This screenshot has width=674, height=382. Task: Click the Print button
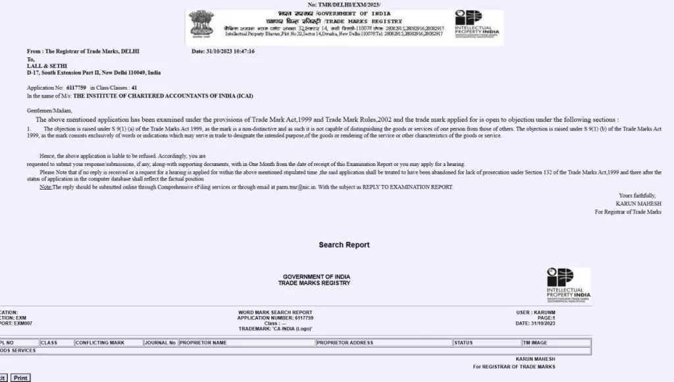[20, 377]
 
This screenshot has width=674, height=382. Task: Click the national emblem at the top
[201, 24]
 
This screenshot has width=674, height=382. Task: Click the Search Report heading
[344, 245]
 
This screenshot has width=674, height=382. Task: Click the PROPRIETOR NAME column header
[203, 342]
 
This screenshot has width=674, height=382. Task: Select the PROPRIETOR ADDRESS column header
[345, 342]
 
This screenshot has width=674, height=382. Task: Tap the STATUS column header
[464, 342]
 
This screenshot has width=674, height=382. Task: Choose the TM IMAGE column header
[536, 342]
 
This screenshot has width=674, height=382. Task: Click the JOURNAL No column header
[161, 342]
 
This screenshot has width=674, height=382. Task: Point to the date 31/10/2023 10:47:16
[222, 51]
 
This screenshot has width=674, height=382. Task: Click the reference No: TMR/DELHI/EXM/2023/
[348, 5]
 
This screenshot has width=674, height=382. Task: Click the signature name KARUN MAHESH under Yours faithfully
[638, 204]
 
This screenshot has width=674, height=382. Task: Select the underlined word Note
[45, 187]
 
